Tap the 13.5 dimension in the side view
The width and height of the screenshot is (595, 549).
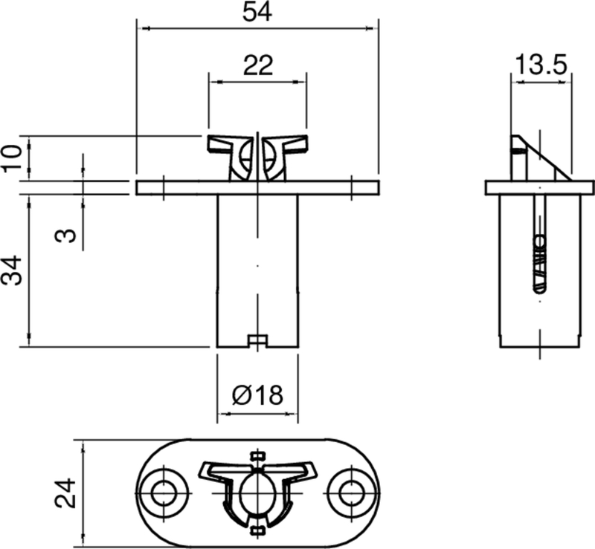pyautogui.click(x=541, y=65)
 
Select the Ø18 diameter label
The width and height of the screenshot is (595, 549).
pyautogui.click(x=257, y=394)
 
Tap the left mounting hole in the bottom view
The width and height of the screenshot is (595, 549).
pyautogui.click(x=164, y=492)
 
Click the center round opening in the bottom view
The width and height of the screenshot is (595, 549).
pyautogui.click(x=257, y=492)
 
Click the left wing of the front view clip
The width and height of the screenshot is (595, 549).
pyautogui.click(x=223, y=143)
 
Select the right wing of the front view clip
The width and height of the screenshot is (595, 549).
pyautogui.click(x=291, y=143)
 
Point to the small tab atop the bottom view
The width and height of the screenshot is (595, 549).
pyautogui.click(x=257, y=454)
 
